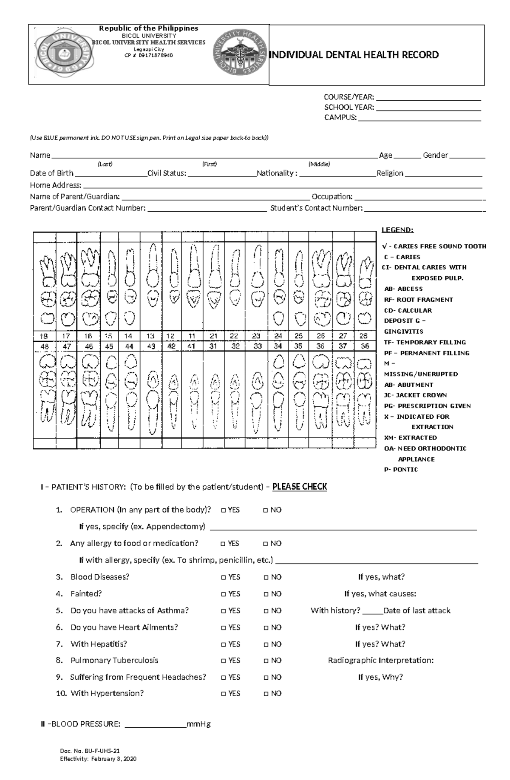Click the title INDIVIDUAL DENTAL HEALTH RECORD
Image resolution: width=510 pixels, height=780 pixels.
pos(355,55)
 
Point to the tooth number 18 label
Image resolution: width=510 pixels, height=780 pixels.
pos(44,336)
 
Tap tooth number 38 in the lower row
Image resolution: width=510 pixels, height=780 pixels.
pos(364,346)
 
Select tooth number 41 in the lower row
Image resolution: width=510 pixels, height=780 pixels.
pos(191,346)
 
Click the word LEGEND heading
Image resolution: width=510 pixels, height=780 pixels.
pos(397,230)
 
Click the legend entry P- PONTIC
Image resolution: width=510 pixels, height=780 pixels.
pos(401,469)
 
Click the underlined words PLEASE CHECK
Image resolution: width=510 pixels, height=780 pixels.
pos(300,487)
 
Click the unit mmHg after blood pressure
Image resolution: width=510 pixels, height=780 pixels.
pos(199,724)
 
